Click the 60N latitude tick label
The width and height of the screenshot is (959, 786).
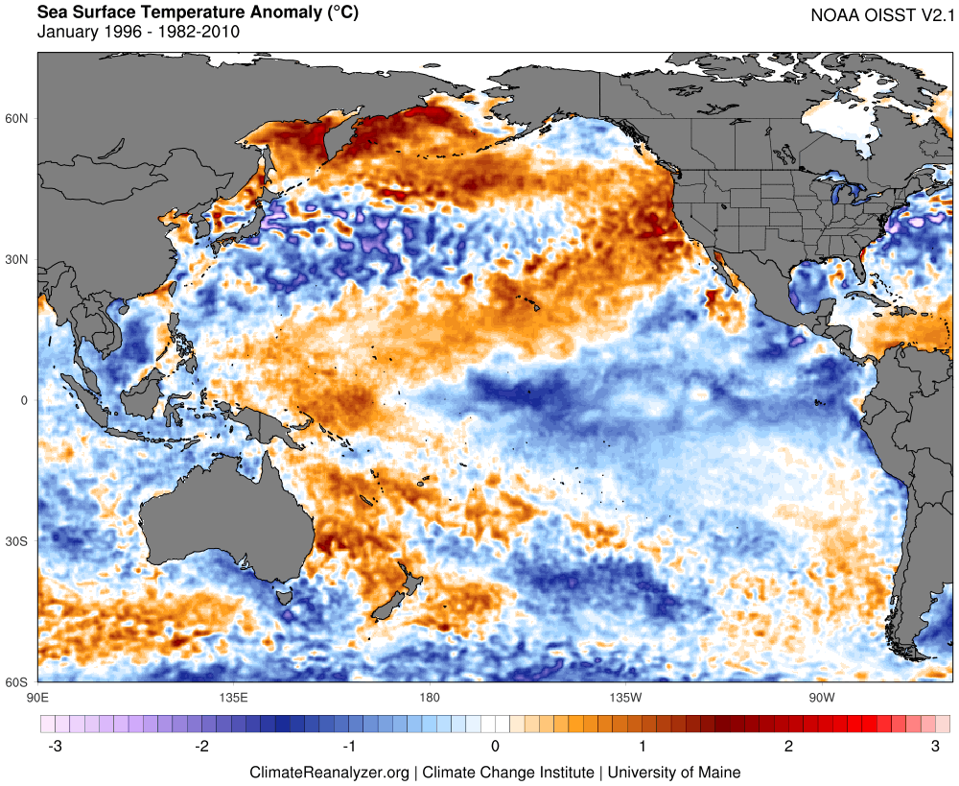point(18,119)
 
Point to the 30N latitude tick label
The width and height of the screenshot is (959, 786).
point(18,260)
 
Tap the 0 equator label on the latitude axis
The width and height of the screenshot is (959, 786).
point(25,401)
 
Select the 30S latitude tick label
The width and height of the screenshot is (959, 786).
point(18,542)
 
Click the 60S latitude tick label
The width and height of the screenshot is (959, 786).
point(18,682)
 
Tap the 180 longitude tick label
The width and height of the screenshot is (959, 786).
point(429,696)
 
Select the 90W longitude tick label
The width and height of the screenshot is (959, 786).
point(821,696)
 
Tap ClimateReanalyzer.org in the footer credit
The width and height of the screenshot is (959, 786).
point(329,772)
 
